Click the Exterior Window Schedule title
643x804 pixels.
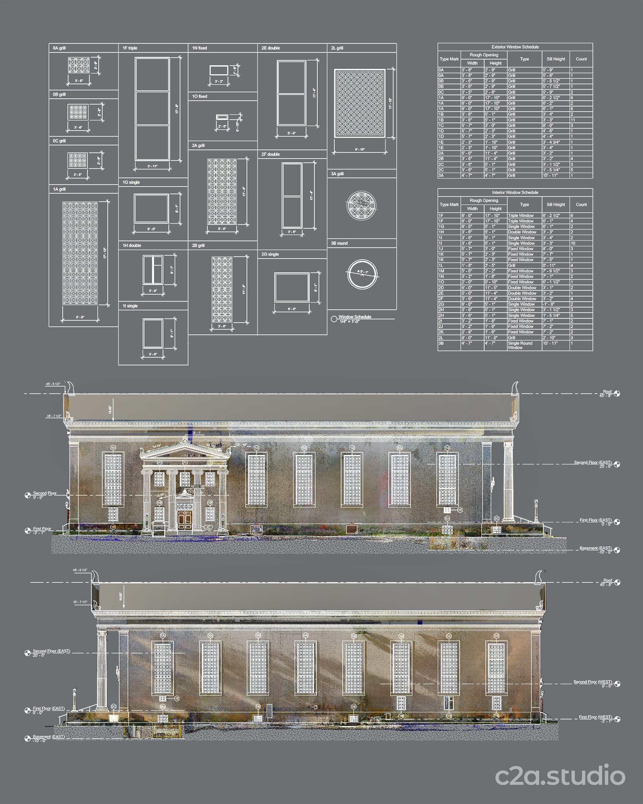(515, 47)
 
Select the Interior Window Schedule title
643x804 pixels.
(515, 192)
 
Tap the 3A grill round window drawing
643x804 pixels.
(361, 206)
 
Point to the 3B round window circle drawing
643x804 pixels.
(362, 274)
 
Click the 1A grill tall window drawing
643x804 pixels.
(80, 253)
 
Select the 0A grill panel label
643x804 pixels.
(59, 48)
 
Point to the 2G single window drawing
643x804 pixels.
(292, 287)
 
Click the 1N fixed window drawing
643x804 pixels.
(219, 70)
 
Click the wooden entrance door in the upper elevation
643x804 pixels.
(185, 519)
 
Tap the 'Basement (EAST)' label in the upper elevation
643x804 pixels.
(595, 548)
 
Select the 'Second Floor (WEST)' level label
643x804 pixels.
(592, 682)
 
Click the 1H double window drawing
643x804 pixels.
(153, 270)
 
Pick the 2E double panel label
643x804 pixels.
(271, 48)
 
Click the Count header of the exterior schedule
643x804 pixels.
(581, 59)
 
